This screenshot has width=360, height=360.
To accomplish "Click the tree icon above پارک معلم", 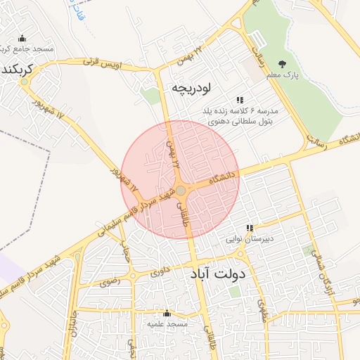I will [x=283, y=64].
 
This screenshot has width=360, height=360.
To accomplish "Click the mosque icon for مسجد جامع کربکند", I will [x=22, y=38].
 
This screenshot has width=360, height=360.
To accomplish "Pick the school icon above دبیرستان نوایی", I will [x=249, y=228].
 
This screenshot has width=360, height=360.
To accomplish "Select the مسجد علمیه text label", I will [x=167, y=324].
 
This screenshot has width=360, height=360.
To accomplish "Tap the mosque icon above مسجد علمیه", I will [x=167, y=314].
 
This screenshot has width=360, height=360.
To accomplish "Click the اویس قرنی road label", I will [x=113, y=64].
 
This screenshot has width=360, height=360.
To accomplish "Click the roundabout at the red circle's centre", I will [x=181, y=191].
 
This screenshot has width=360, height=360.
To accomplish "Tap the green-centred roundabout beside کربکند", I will [x=25, y=82].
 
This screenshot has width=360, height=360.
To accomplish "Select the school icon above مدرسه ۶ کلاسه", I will [x=240, y=100].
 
